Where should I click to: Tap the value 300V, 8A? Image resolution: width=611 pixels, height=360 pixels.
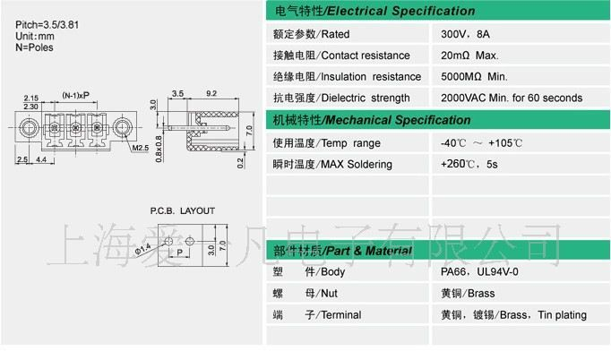pos(467,34)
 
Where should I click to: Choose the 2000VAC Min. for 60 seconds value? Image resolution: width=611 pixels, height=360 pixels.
pos(512,99)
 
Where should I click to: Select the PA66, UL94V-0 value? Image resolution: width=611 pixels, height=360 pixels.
pos(479,271)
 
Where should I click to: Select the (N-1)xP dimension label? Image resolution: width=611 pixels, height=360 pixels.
pos(75,94)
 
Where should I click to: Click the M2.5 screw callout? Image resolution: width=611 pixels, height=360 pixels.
pos(141,147)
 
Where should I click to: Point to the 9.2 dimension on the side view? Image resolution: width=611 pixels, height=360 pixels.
pos(211,93)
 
